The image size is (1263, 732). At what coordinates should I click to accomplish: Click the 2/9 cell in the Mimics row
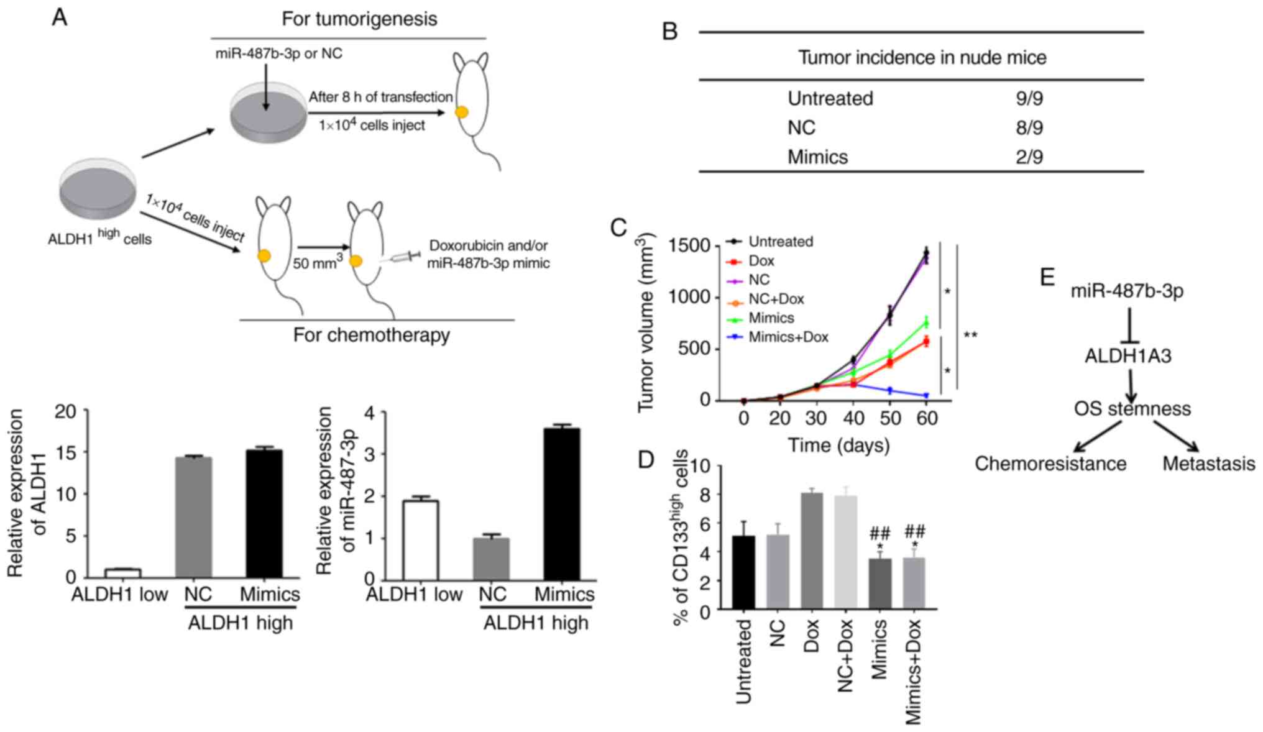click(x=1029, y=157)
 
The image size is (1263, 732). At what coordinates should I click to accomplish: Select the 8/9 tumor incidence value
click(x=1029, y=128)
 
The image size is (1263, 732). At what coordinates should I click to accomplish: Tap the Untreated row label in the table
click(x=830, y=99)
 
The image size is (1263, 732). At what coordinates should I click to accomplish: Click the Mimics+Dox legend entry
click(x=788, y=337)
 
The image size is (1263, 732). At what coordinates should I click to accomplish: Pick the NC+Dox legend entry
click(x=776, y=300)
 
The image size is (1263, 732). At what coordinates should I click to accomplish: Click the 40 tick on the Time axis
click(x=853, y=418)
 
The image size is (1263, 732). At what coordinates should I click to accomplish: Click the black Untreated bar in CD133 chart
click(x=743, y=572)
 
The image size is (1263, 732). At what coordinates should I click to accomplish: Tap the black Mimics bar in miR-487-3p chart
click(x=562, y=503)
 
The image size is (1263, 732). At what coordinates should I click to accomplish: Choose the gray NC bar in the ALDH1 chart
click(x=193, y=518)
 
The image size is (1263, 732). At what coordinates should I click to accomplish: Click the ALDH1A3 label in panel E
click(x=1128, y=356)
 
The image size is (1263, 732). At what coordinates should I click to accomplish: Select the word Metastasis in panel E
click(x=1208, y=464)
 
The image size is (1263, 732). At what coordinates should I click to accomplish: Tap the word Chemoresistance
click(x=1050, y=464)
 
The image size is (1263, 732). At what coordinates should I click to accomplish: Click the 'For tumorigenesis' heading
click(x=359, y=19)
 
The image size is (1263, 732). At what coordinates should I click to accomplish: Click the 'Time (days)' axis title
click(x=838, y=445)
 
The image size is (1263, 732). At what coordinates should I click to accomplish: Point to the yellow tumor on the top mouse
click(x=462, y=112)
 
